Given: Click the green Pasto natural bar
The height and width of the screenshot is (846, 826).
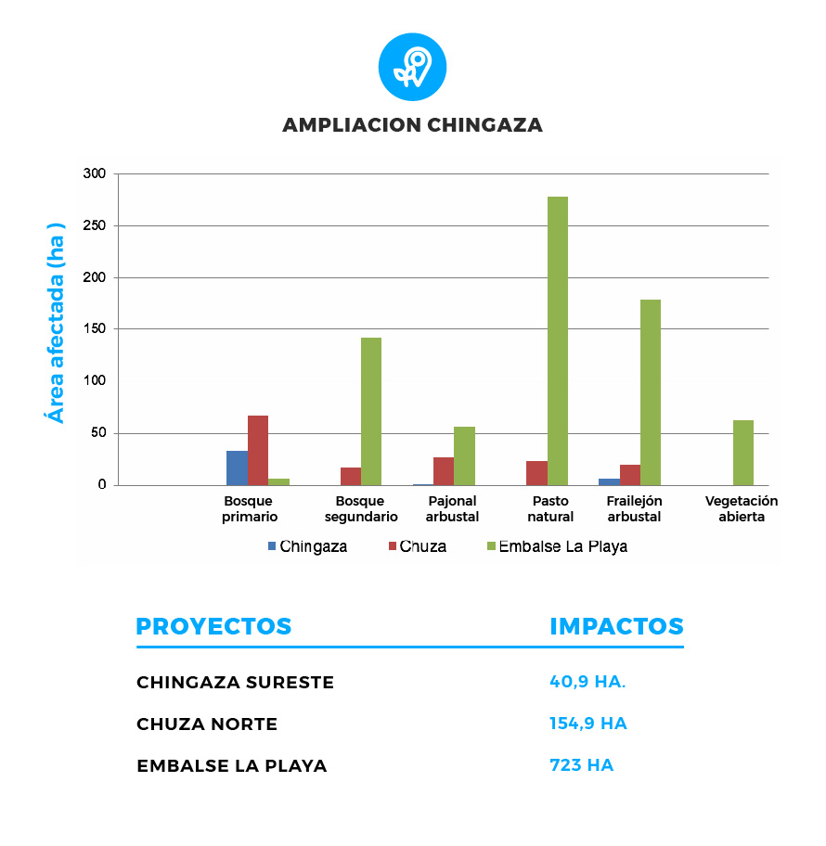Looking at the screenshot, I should coord(557,340).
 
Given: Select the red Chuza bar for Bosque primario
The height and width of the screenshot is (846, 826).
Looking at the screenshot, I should coord(257,450).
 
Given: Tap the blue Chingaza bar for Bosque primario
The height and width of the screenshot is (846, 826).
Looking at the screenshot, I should coord(237,468).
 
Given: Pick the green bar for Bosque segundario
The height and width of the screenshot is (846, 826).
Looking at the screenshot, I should coord(371,411).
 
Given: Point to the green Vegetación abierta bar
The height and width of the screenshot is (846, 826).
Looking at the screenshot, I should coord(742,453).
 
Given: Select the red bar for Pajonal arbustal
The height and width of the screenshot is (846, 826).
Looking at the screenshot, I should coord(444,471).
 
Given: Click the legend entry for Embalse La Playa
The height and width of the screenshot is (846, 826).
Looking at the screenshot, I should coord(556,546).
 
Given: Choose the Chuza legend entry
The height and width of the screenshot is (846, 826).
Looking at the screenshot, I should coord(417,546).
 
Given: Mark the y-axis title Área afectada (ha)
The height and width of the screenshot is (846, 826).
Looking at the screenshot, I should coord(58,323).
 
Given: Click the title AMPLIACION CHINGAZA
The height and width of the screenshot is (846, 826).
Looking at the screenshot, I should coord(412,125).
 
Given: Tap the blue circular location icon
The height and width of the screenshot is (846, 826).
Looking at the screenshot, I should coord(412,68).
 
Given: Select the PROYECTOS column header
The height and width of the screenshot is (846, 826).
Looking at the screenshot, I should coord(213,626).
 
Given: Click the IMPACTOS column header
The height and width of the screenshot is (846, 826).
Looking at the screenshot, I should coord(616,626).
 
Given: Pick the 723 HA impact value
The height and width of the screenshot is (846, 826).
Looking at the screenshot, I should coord(581,765).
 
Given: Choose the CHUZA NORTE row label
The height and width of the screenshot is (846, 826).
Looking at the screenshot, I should coord(207,724).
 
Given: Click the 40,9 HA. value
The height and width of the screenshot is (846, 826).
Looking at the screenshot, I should coord(587,682).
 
